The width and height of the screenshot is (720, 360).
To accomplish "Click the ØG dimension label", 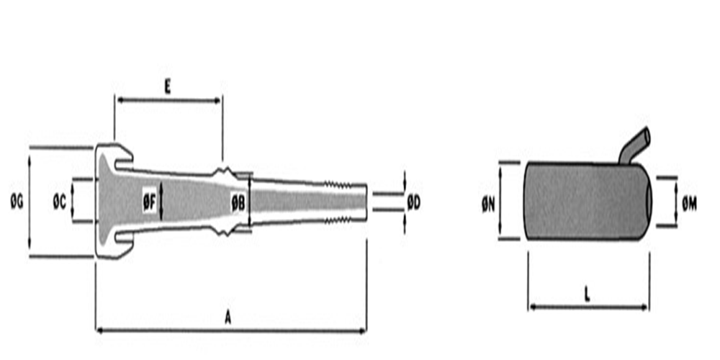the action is pyautogui.click(x=17, y=202).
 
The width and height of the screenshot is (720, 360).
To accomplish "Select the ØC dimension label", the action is pyautogui.click(x=60, y=202).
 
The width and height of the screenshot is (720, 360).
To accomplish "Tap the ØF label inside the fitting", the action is pyautogui.click(x=149, y=202).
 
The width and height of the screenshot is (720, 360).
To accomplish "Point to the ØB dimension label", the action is pyautogui.click(x=238, y=202).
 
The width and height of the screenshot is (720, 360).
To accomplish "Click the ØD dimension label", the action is pyautogui.click(x=414, y=202).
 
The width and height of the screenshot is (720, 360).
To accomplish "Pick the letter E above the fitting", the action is pyautogui.click(x=168, y=88).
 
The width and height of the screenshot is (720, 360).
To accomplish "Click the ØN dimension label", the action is pyautogui.click(x=488, y=206).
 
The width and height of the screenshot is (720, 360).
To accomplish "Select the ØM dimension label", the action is pyautogui.click(x=689, y=206).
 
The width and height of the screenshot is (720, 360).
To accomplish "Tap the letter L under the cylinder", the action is pyautogui.click(x=588, y=296).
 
